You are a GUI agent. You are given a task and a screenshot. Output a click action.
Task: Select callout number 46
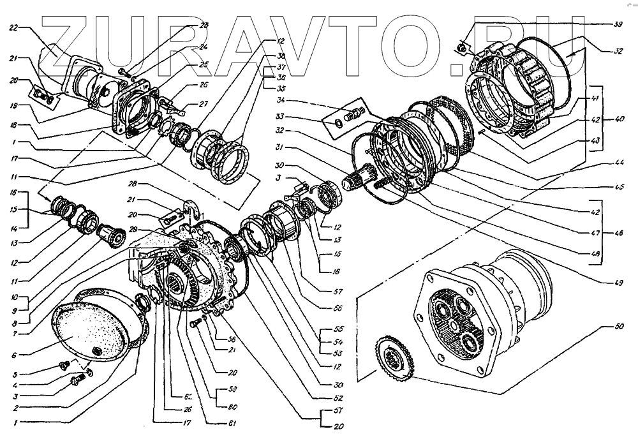click(x=618, y=233)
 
